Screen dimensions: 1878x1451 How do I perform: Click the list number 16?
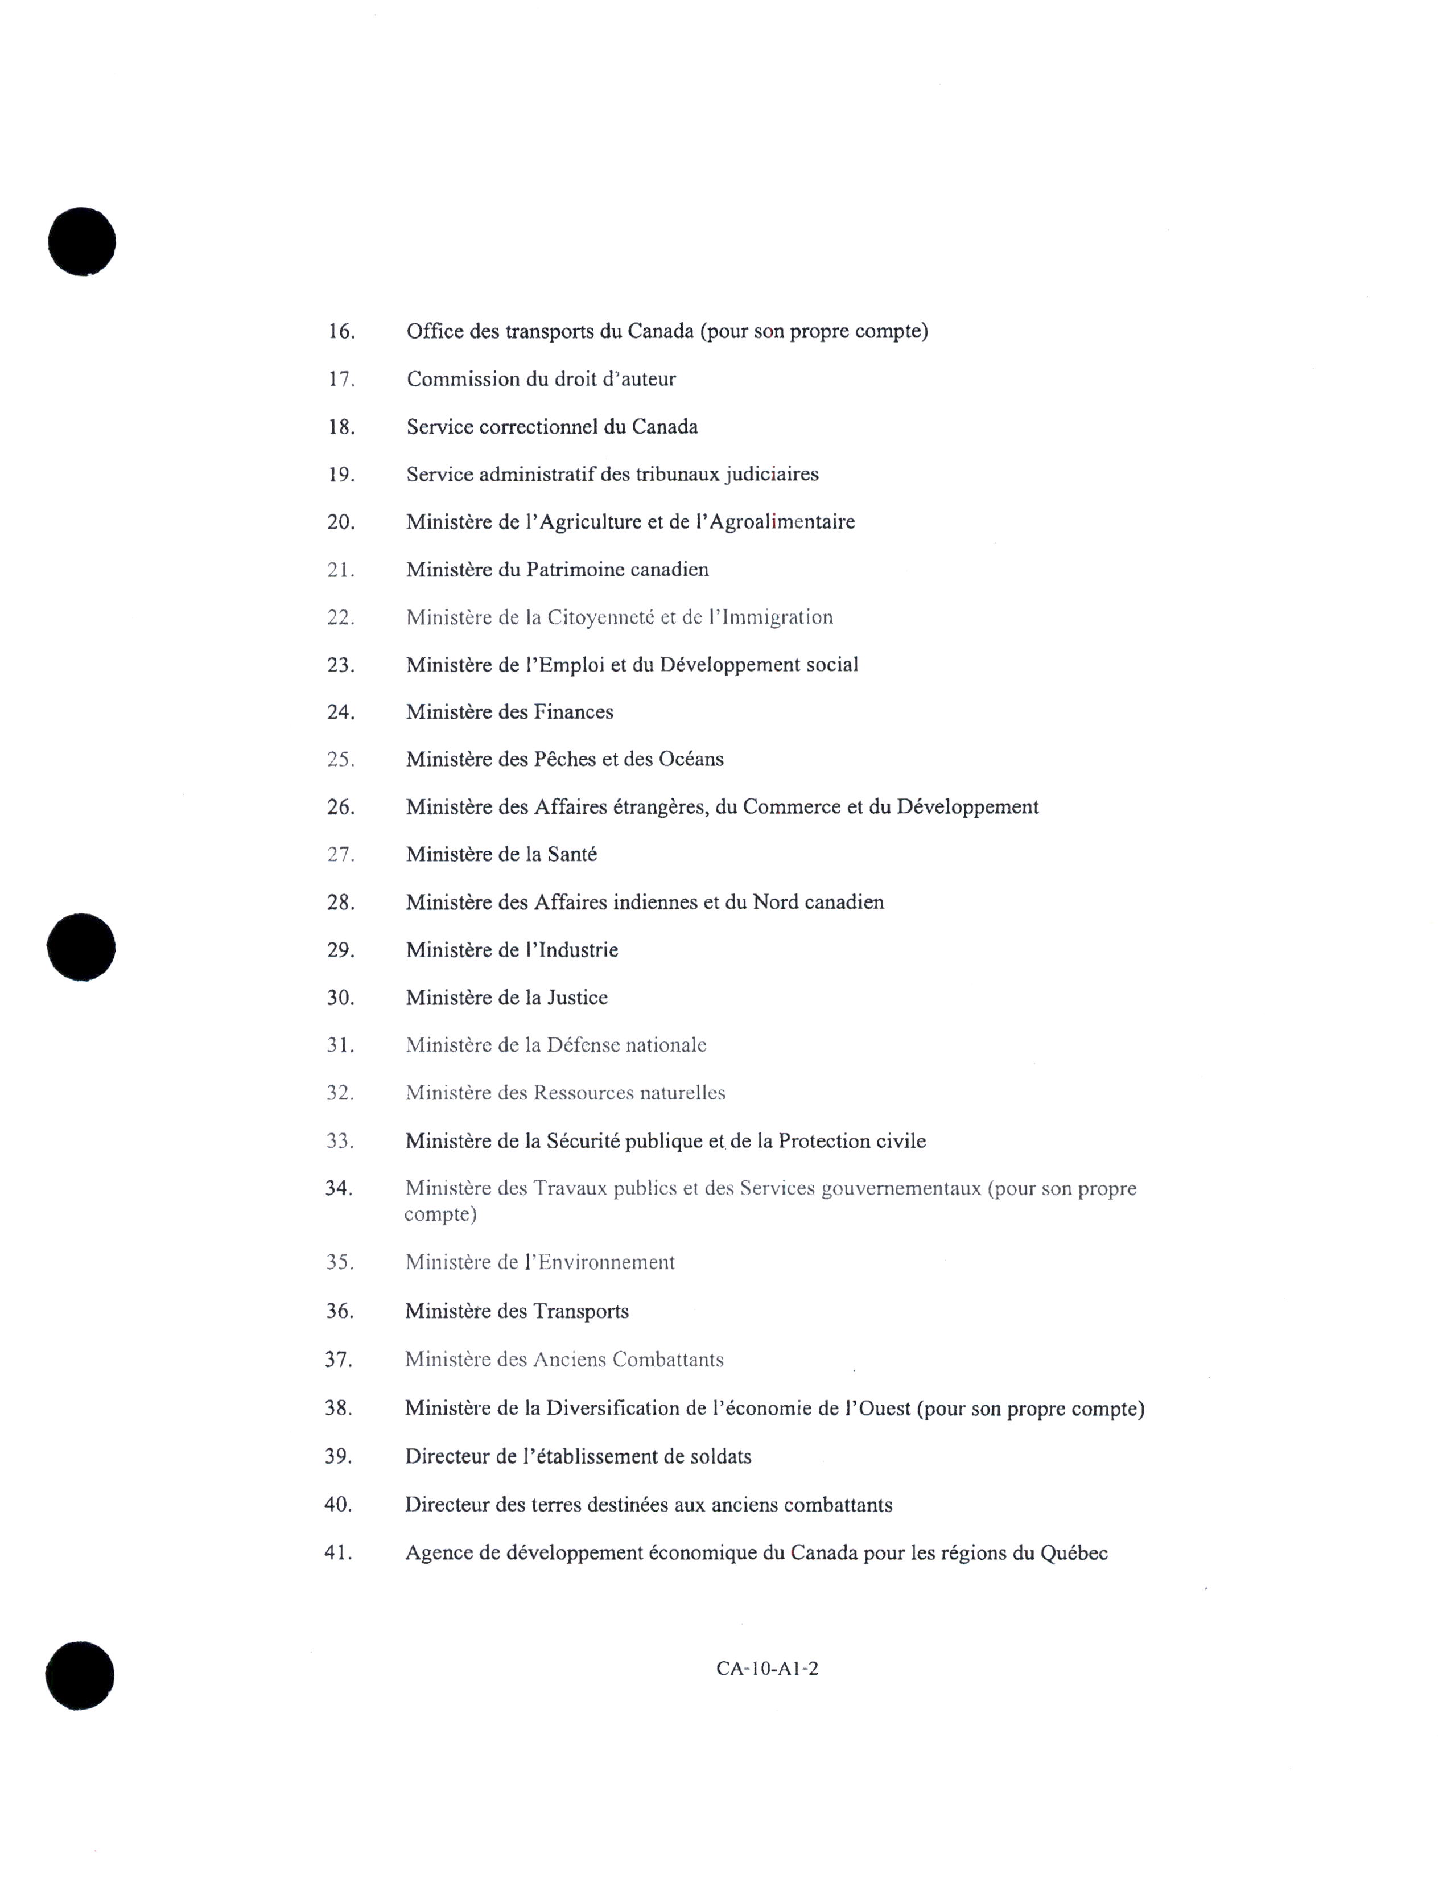point(341,331)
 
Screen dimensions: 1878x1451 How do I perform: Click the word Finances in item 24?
point(574,712)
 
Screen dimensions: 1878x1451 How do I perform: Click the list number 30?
point(340,998)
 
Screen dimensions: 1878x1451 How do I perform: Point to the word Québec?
point(1074,1553)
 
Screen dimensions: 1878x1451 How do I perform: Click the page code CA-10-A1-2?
point(767,1669)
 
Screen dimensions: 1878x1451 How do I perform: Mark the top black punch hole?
point(82,242)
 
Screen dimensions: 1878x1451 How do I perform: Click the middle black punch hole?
point(82,948)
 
